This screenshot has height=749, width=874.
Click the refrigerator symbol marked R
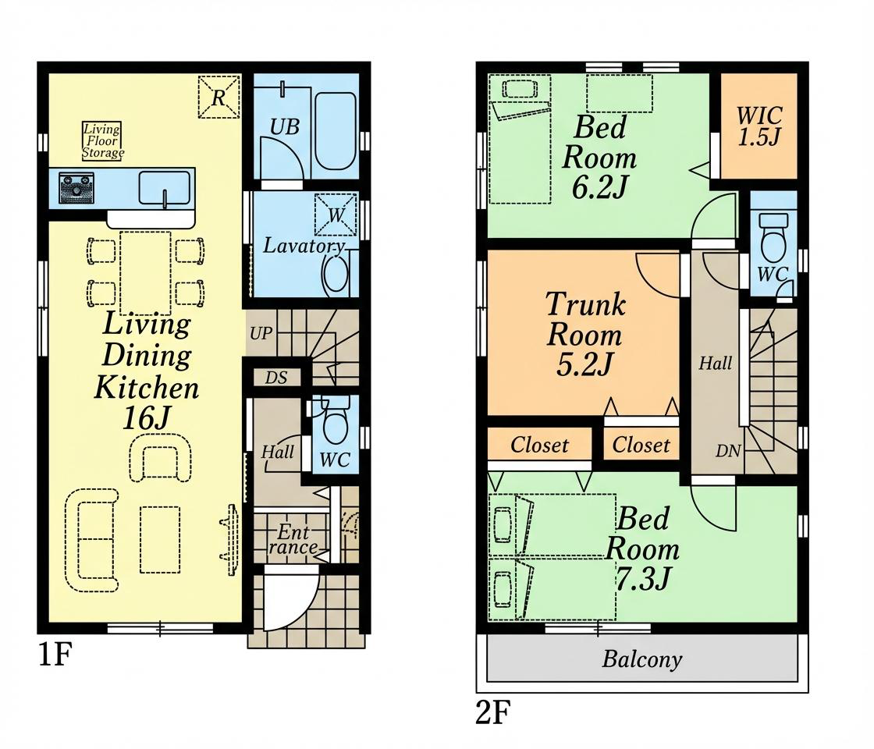tap(219, 98)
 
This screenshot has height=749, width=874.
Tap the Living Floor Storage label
tap(102, 141)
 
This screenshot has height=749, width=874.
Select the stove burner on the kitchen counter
tap(77, 188)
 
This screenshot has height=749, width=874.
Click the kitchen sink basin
tap(165, 188)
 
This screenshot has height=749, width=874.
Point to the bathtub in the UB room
tap(336, 131)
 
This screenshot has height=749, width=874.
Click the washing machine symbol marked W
tap(336, 215)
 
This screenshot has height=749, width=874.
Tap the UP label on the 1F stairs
tap(261, 333)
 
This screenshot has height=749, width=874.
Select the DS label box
tap(276, 378)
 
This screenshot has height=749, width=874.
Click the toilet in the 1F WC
tap(335, 424)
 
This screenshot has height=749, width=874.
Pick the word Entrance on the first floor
tap(293, 539)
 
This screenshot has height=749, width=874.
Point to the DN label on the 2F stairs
tap(728, 451)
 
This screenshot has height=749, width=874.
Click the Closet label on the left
tap(539, 445)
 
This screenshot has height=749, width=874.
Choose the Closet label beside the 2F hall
tap(641, 445)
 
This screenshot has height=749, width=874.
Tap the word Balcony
tap(642, 659)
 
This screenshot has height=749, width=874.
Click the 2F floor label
tap(493, 712)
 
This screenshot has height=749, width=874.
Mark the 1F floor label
tap(55, 655)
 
